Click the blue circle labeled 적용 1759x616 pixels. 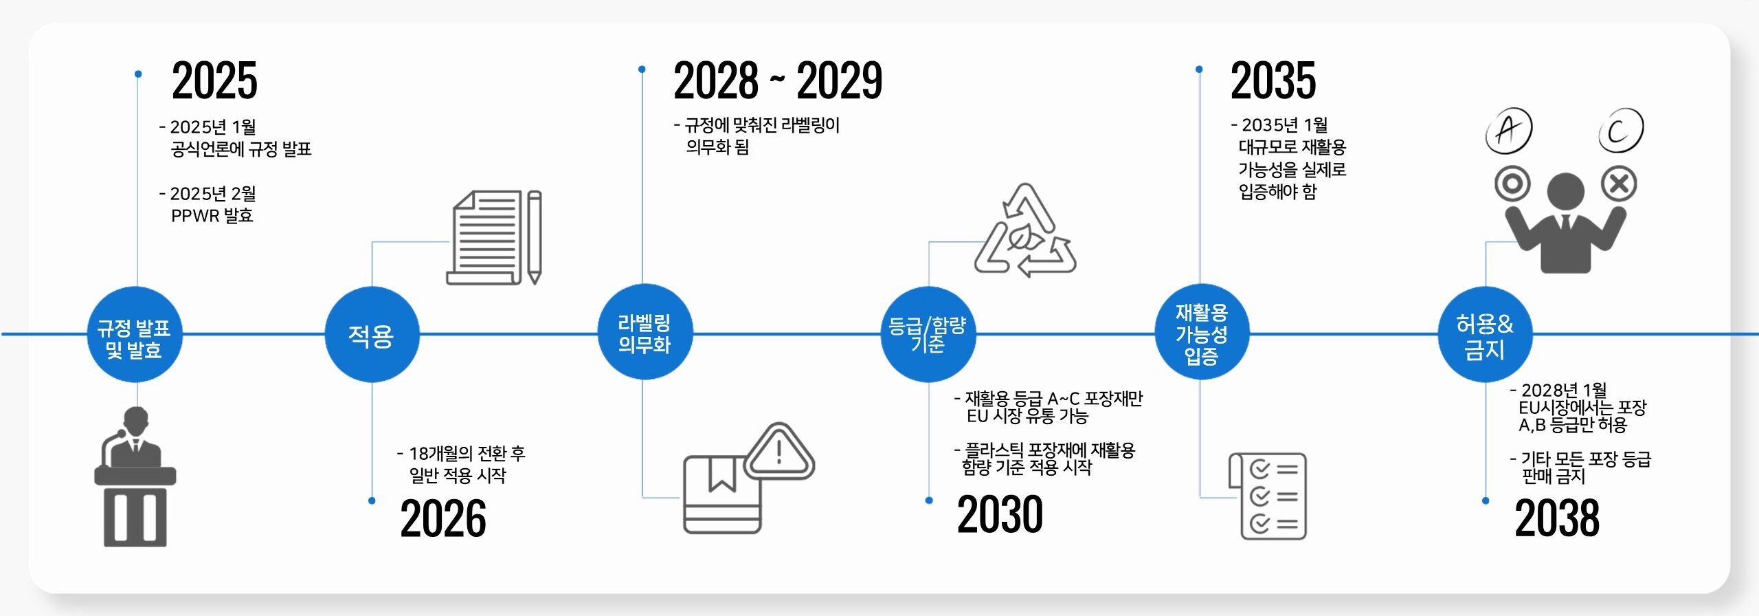pos(372,335)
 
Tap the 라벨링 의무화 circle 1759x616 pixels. pos(645,333)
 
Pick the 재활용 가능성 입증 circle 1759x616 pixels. pos(1202,333)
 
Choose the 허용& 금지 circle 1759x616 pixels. pos(1485,335)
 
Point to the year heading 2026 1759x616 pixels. pos(443,518)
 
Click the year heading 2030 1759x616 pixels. pos(1000,514)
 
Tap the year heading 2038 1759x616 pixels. pos(1557,518)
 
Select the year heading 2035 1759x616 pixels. pos(1273,80)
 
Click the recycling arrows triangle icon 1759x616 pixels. pos(1025,231)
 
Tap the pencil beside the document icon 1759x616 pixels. pos(535,236)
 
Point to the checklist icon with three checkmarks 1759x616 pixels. pos(1268,496)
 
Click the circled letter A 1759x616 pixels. pos(1508,129)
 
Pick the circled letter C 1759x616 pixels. pos(1620,130)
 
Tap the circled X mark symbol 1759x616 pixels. pos(1619,184)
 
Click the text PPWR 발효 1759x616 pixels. pos(212,216)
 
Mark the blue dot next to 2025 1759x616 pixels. pos(138,74)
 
